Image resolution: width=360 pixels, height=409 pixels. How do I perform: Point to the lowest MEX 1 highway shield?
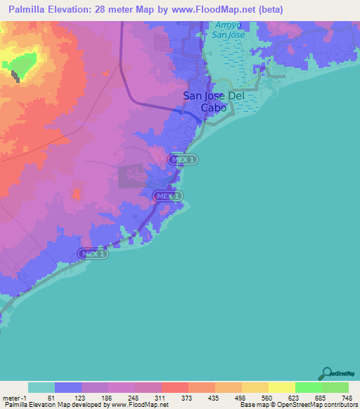92,253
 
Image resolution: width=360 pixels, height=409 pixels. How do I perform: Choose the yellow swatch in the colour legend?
281,388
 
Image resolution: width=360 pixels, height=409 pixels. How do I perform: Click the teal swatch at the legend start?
41,388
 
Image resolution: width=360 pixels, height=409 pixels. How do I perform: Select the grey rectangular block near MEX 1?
131,176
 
